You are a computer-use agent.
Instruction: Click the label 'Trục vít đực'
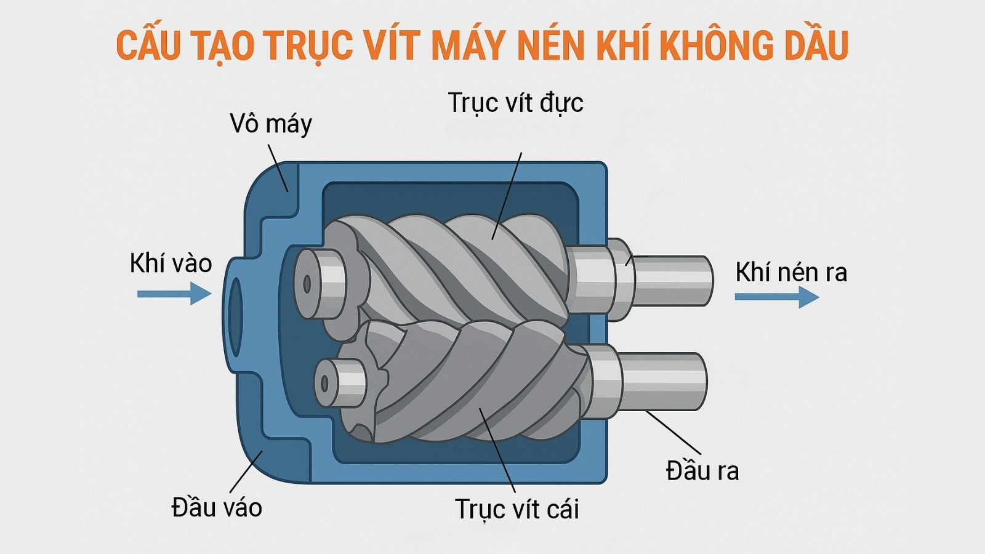(x=515, y=103)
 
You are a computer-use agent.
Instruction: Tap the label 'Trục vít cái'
(x=517, y=509)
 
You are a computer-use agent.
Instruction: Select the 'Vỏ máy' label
(x=271, y=124)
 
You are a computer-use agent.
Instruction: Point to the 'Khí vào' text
(x=171, y=263)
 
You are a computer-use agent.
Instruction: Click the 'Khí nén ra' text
(x=791, y=272)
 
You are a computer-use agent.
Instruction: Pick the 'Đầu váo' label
(x=217, y=507)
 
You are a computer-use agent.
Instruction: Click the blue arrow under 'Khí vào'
(x=175, y=294)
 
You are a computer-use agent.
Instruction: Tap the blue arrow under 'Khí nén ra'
(x=777, y=297)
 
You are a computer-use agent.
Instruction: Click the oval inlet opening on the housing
(x=235, y=316)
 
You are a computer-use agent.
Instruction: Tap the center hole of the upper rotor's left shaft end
(x=307, y=284)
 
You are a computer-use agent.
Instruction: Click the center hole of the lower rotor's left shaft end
(x=324, y=384)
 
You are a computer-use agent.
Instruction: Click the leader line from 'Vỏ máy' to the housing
(x=278, y=168)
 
